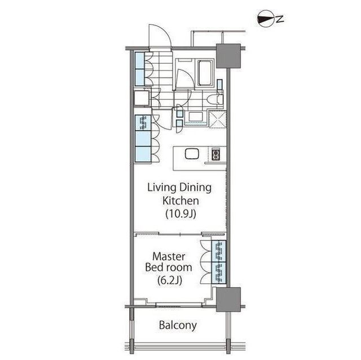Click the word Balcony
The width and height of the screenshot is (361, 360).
click(x=178, y=325)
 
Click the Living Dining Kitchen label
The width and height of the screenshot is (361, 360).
click(x=180, y=193)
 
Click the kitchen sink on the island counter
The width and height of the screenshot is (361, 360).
click(x=192, y=154)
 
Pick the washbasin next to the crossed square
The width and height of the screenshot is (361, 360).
click(x=196, y=117)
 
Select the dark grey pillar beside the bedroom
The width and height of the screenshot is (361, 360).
click(x=228, y=299)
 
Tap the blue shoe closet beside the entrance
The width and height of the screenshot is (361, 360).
click(x=139, y=68)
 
